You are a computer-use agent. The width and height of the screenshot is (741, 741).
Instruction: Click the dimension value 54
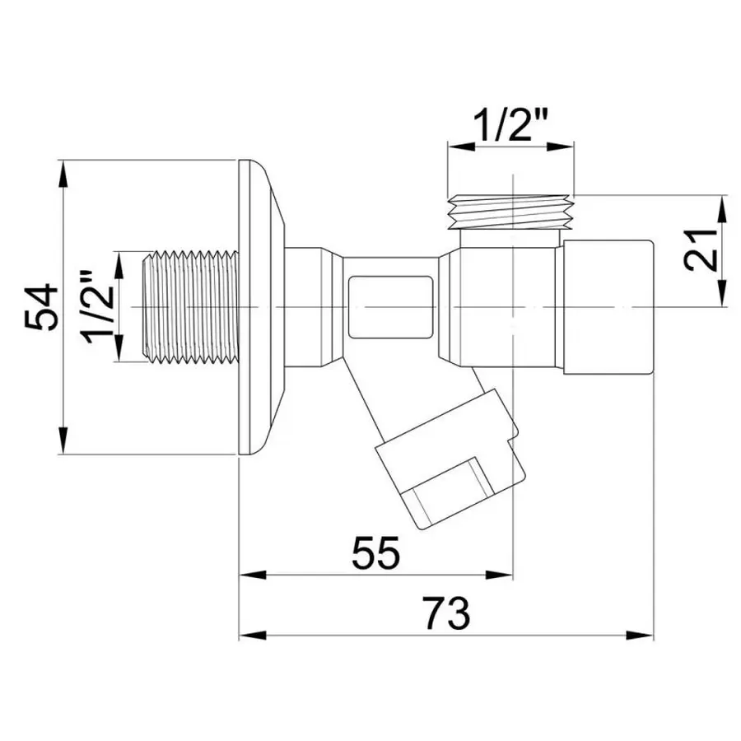click(x=41, y=306)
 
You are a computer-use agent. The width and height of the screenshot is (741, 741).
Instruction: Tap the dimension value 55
click(x=375, y=552)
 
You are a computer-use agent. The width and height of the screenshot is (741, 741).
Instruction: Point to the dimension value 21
click(x=699, y=250)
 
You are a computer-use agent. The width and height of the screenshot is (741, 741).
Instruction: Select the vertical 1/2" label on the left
click(x=98, y=306)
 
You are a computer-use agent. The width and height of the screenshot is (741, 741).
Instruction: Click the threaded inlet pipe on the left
click(x=191, y=306)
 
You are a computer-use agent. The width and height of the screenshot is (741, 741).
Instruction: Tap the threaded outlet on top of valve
click(x=511, y=212)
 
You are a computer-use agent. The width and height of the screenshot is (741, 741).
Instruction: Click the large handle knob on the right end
click(x=608, y=306)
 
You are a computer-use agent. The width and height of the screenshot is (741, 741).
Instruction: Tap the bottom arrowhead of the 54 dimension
click(x=63, y=443)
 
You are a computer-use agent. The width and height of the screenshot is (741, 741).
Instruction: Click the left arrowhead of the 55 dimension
click(x=249, y=575)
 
